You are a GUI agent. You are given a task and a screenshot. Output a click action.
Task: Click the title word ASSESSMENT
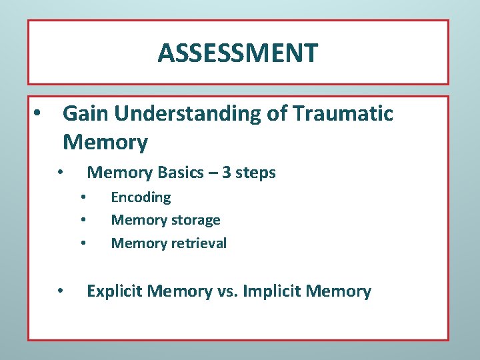click(238, 53)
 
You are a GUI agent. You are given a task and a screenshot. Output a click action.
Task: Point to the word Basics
click(181, 173)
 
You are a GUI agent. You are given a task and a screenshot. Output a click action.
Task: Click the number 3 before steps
click(227, 173)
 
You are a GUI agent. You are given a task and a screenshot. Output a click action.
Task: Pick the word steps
click(256, 173)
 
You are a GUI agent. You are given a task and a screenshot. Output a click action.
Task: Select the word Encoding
click(141, 198)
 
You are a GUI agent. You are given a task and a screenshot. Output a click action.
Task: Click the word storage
click(195, 220)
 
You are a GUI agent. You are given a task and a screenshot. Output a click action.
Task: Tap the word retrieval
click(198, 243)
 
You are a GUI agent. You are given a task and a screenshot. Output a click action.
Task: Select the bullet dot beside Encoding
click(83, 197)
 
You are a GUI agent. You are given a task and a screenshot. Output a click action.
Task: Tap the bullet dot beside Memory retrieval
click(83, 243)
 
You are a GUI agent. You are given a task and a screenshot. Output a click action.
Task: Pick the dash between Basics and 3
click(213, 173)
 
